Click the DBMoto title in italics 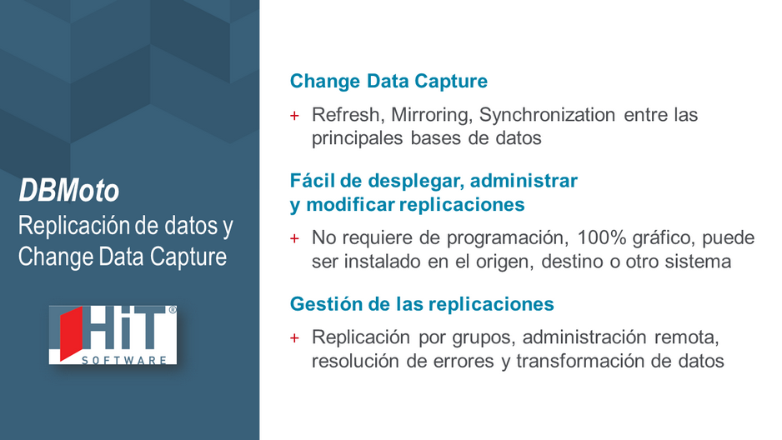69,190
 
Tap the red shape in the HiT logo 71,332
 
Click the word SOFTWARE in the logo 124,360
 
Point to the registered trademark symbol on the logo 173,310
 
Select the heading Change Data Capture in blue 388,81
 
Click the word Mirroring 431,115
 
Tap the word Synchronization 547,115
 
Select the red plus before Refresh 295,116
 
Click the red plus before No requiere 295,238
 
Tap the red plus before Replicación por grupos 295,337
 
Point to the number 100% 601,237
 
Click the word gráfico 664,238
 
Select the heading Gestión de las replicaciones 422,304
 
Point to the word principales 357,138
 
